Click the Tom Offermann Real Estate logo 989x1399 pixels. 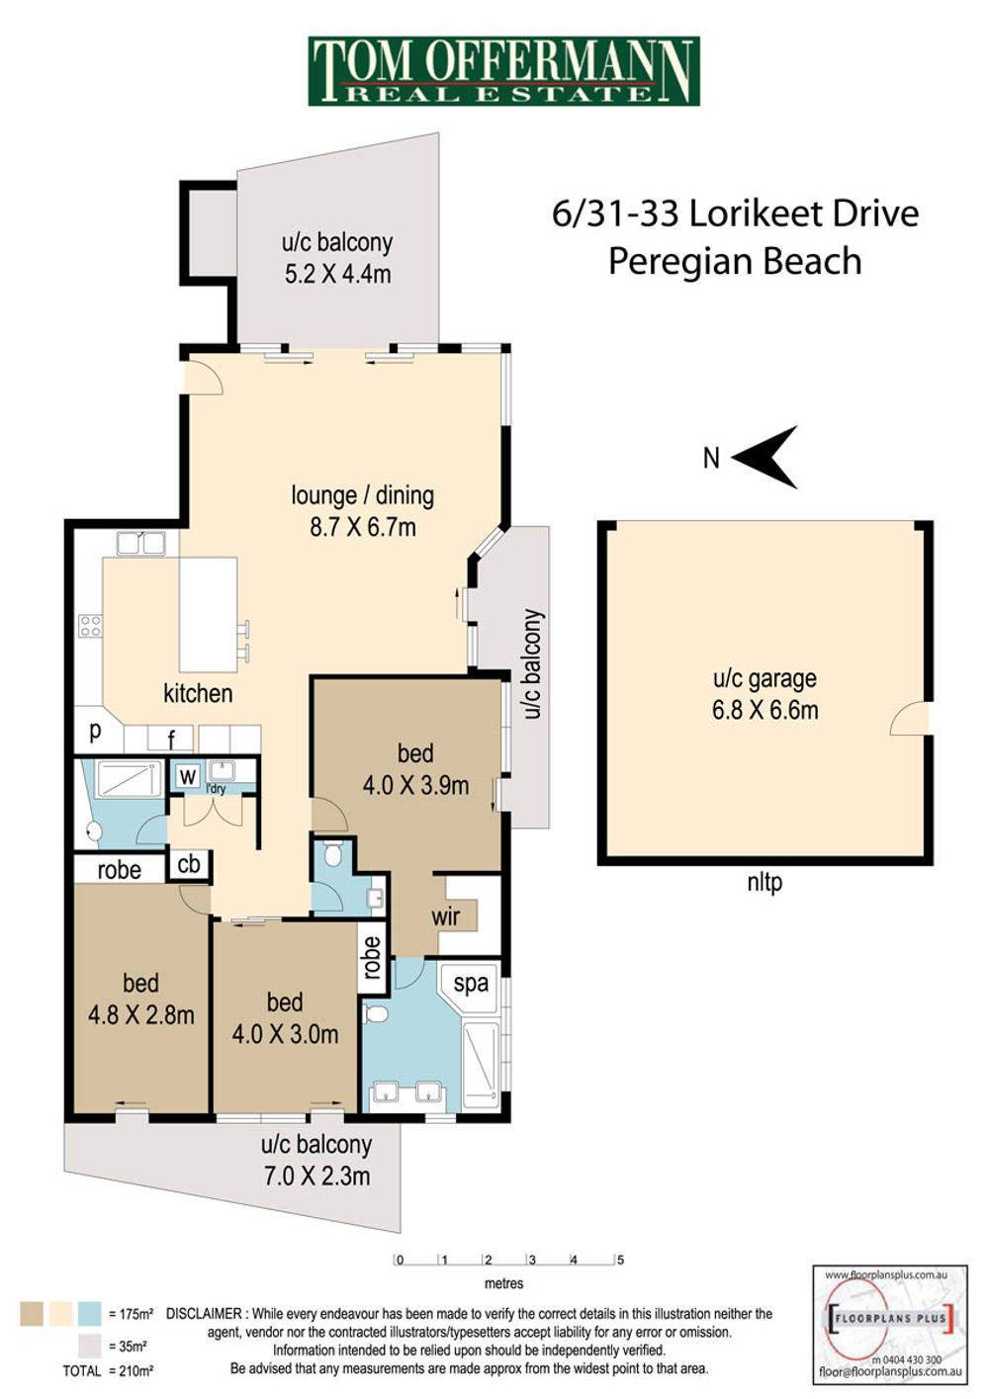click(503, 71)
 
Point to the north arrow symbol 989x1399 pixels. click(764, 457)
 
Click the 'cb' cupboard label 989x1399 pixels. click(189, 864)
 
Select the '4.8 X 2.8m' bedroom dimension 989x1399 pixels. click(140, 1015)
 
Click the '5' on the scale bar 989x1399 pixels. click(620, 1260)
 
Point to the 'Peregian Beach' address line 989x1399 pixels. click(735, 261)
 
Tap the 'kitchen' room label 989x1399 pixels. click(198, 693)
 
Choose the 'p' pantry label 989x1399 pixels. click(95, 733)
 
